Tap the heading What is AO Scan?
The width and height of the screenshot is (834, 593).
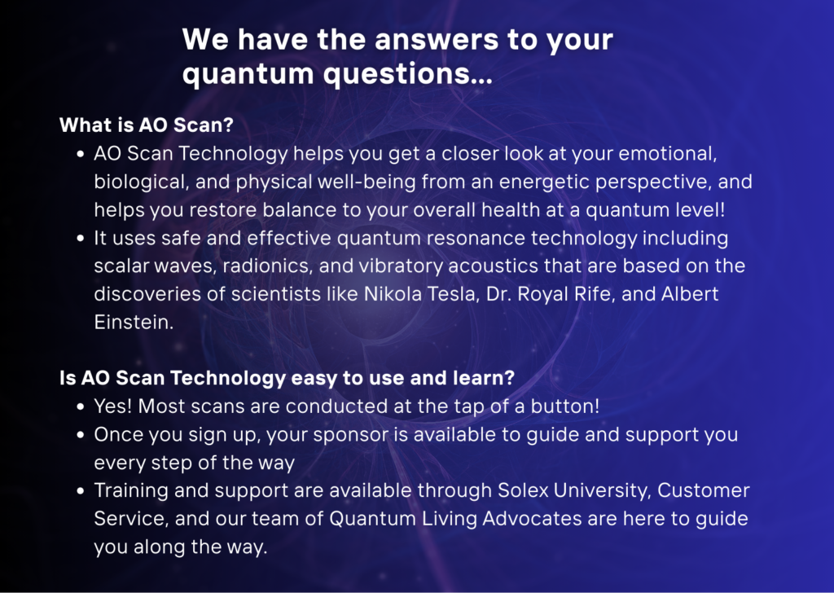tap(147, 125)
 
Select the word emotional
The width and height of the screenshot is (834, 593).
tap(668, 153)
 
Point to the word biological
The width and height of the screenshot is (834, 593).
tap(142, 182)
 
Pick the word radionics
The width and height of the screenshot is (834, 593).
tap(267, 266)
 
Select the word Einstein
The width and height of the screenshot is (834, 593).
tap(134, 323)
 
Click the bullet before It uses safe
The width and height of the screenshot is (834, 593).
tap(81, 239)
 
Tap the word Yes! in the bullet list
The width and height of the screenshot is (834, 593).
tap(112, 406)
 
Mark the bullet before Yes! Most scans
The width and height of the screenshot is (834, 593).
tap(81, 406)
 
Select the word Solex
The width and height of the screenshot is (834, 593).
tap(523, 490)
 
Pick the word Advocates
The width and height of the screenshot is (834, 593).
tap(532, 519)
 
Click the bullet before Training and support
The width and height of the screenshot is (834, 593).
tap(81, 491)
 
